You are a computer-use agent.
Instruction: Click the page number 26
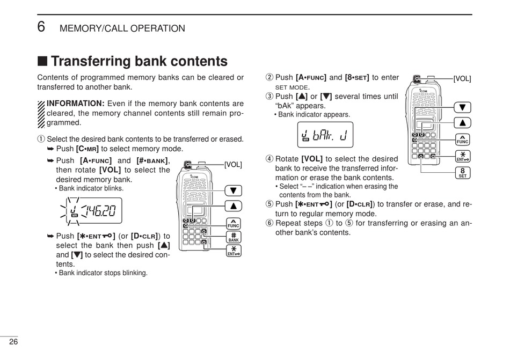[13, 342]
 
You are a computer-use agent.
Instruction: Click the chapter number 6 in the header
[41, 27]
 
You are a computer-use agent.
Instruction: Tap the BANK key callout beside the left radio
[234, 237]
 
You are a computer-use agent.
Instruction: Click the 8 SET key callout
[462, 173]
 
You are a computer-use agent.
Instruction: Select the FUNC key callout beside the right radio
[462, 139]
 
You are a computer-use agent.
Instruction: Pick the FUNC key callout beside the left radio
[234, 222]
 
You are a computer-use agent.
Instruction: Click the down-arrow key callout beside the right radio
[462, 107]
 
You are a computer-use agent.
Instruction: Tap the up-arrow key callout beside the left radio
[234, 205]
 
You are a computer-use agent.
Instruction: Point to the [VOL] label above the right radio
[462, 79]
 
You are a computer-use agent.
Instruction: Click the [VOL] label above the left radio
[233, 165]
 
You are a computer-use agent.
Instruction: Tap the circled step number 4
[269, 159]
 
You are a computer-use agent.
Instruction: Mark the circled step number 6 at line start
[269, 223]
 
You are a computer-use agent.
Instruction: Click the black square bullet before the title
[42, 62]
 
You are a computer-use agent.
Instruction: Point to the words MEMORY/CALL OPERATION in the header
[122, 28]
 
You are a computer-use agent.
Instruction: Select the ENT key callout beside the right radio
[462, 156]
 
